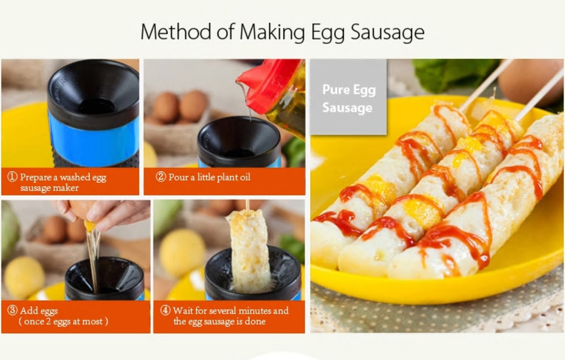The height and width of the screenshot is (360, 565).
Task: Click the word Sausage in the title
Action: (x=387, y=31)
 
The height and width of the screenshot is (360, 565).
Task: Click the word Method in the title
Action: (x=175, y=31)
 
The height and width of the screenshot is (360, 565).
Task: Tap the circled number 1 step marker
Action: (x=12, y=176)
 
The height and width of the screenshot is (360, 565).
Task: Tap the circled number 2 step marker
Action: (x=160, y=176)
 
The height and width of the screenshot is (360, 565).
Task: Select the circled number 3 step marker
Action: (x=12, y=310)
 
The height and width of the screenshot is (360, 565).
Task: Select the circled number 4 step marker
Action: (x=165, y=310)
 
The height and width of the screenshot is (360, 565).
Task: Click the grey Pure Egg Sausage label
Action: (x=348, y=97)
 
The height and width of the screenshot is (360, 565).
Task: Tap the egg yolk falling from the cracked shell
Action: (x=89, y=226)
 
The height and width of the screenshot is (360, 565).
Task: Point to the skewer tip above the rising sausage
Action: (x=247, y=201)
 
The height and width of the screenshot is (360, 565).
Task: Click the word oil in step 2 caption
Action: (x=245, y=177)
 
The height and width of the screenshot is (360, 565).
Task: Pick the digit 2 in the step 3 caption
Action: (x=48, y=321)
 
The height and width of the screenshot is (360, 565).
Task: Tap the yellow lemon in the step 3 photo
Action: (x=24, y=277)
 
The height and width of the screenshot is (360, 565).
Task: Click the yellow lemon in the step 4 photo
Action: (x=182, y=252)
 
